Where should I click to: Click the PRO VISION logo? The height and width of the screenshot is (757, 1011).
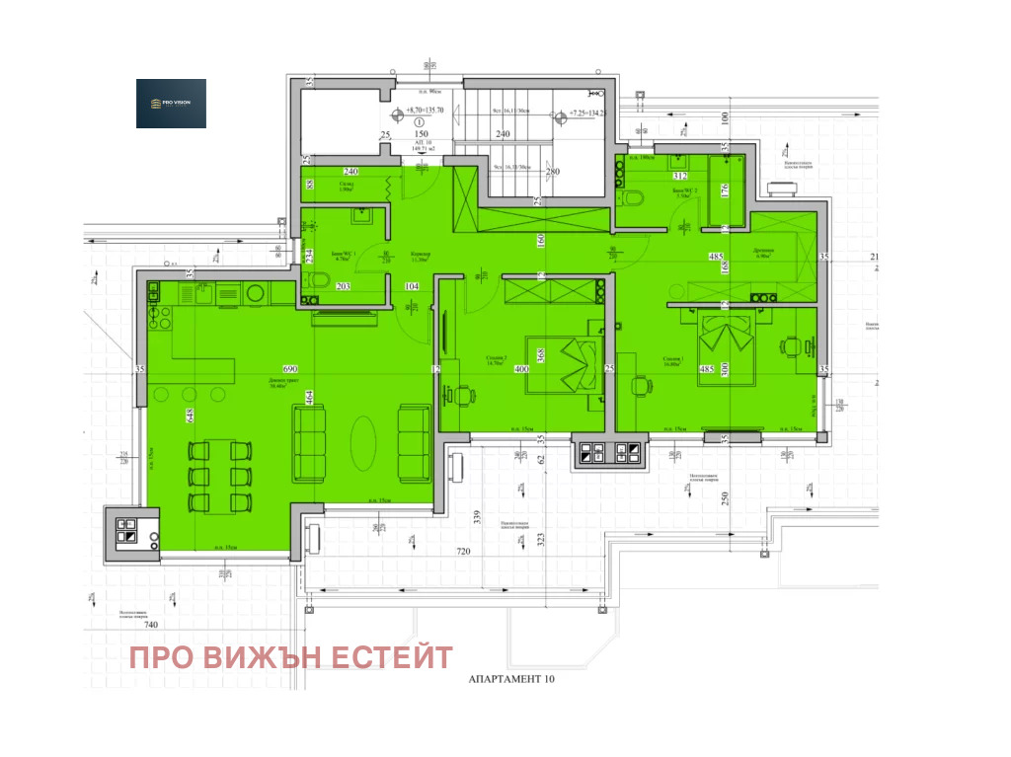coord(171,104)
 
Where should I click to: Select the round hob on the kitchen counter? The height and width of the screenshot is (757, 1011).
coord(255,292)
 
